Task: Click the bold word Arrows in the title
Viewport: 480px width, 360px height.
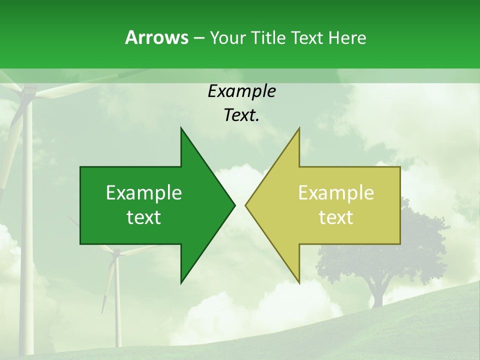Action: [x=156, y=37]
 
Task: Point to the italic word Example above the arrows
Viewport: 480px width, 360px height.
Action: [x=241, y=91]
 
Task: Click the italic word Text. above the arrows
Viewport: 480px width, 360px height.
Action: [x=241, y=115]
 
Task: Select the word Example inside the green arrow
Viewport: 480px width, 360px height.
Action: [x=144, y=192]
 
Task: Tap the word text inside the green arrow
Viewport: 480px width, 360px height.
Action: [x=144, y=217]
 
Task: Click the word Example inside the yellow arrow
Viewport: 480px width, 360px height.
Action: [x=336, y=192]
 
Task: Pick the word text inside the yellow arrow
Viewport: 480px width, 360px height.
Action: [x=336, y=217]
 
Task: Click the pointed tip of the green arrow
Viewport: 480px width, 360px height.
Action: [x=234, y=205]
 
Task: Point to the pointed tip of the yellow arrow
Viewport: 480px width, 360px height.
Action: [x=246, y=205]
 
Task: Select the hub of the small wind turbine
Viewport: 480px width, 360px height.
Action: [x=116, y=253]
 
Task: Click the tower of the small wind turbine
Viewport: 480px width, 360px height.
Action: [x=117, y=310]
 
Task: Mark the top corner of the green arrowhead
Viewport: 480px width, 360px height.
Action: [x=181, y=128]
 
